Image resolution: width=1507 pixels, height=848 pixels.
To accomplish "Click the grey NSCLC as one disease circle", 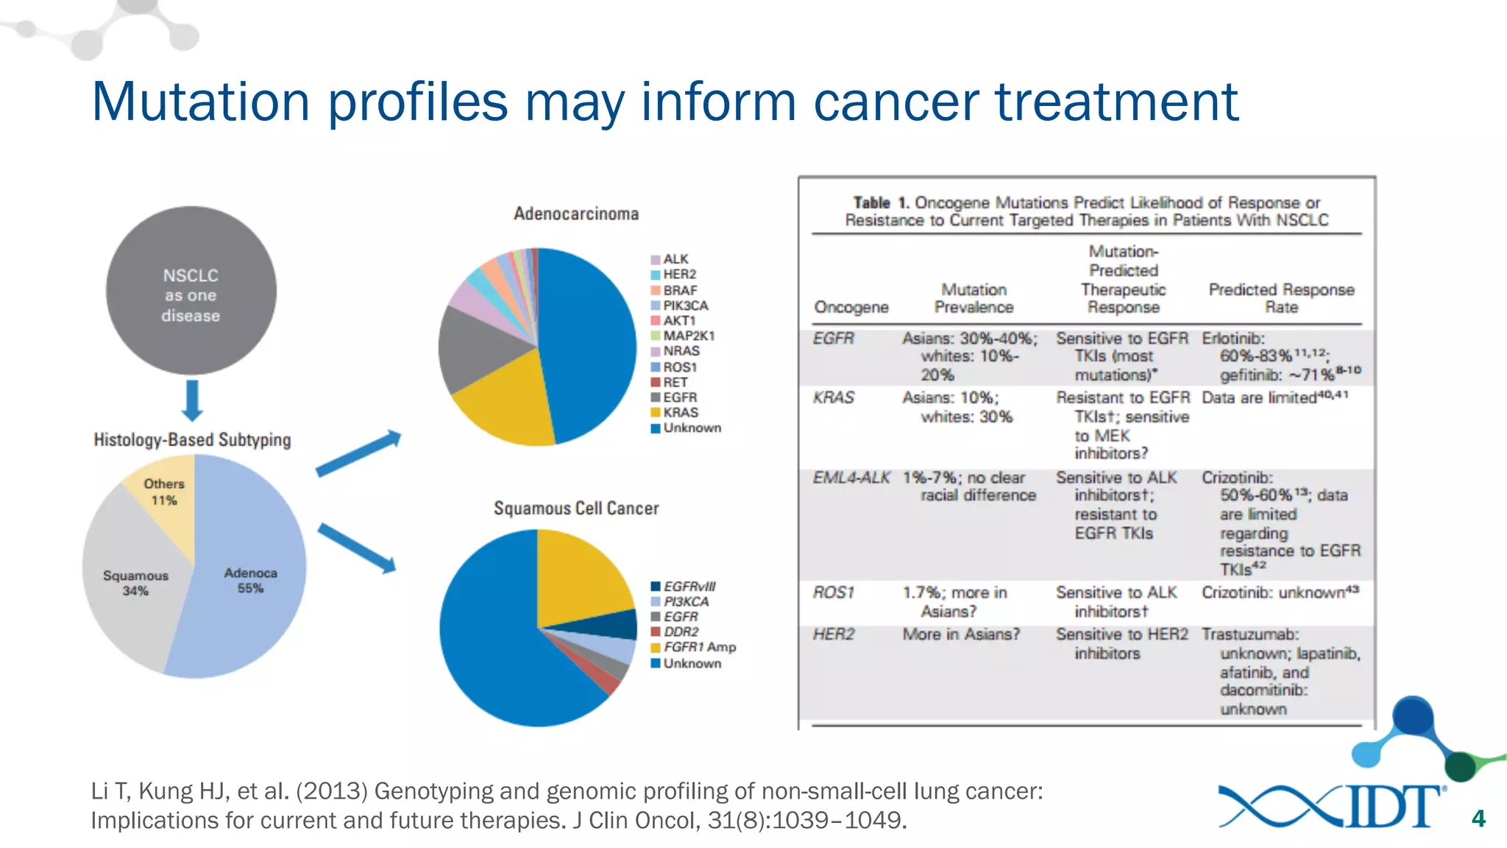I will click(191, 291).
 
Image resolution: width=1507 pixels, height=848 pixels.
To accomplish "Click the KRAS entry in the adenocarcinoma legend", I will click(679, 413).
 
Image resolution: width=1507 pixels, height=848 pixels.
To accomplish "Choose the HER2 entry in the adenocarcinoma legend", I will click(678, 275).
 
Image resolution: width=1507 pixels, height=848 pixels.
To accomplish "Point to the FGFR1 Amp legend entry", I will click(698, 647).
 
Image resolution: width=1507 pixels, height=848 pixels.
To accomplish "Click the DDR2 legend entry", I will click(680, 632).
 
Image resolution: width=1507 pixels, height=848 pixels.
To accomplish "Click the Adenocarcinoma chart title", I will click(576, 214).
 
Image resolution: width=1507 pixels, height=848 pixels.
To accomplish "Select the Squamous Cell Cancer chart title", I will click(576, 509).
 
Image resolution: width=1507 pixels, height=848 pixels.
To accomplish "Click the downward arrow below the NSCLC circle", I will click(192, 401).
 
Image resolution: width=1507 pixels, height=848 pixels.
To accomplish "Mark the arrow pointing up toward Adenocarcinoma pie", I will click(359, 453).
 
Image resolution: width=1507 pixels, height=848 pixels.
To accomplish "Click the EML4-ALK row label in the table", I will click(851, 478).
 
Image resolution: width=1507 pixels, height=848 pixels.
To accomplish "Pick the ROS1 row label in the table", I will click(834, 593).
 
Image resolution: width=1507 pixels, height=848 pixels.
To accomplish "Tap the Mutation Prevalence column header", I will click(974, 298).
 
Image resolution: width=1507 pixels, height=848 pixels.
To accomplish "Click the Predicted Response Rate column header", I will click(1281, 298).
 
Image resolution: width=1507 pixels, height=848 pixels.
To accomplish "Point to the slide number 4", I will click(1478, 819).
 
